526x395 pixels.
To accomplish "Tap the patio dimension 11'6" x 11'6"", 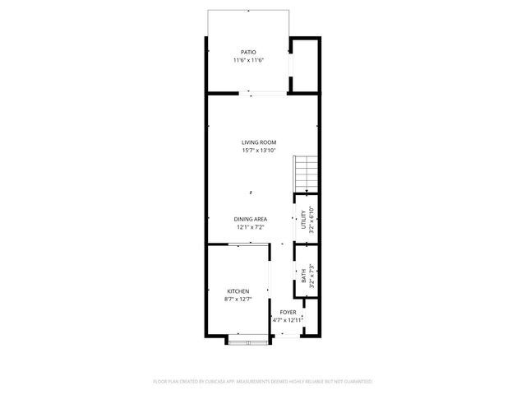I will click(248, 61).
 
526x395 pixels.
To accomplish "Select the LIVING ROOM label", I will click(258, 142).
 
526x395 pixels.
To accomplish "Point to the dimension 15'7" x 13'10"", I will click(258, 151).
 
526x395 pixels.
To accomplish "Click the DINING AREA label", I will click(249, 218).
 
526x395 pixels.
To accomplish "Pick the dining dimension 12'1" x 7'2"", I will click(249, 226).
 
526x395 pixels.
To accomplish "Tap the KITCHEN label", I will click(238, 291).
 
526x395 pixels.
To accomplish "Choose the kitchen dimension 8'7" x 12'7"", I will click(238, 300).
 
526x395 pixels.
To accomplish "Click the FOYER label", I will click(288, 313).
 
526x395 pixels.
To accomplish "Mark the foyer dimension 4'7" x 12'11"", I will click(288, 320).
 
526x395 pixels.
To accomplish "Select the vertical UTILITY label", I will click(302, 220).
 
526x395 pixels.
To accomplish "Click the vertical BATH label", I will click(303, 276).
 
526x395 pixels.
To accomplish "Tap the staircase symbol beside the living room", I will click(306, 173).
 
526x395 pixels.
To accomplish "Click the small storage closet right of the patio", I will click(305, 66).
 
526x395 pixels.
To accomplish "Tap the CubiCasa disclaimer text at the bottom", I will click(263, 382).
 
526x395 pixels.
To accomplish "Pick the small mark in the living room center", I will click(251, 192).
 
